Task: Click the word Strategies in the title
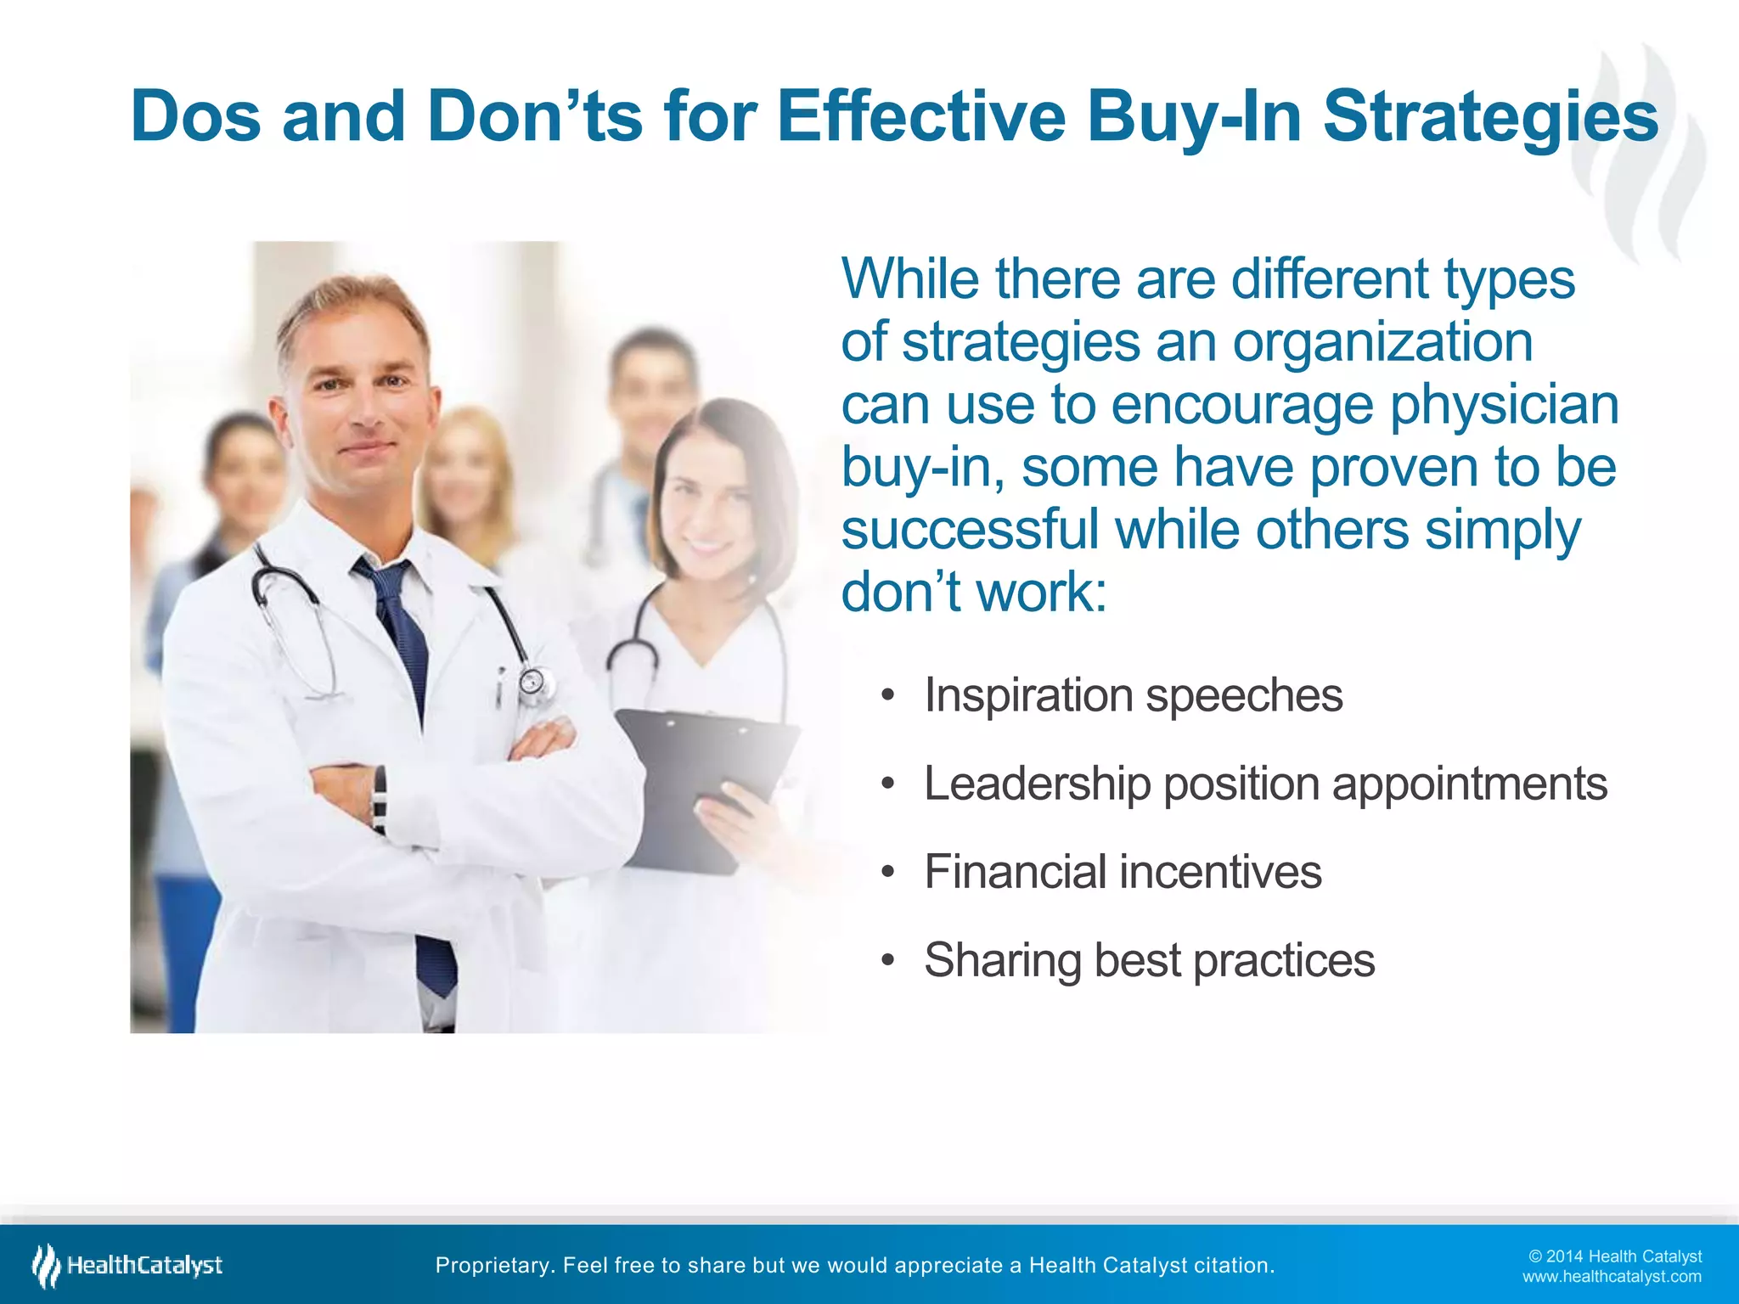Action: point(1490,117)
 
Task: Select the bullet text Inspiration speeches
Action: point(1133,695)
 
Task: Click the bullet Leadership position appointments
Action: point(1265,784)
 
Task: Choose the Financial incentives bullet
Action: point(1123,872)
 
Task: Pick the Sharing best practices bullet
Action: point(1149,960)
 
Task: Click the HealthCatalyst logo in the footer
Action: point(127,1265)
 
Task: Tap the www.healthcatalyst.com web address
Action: point(1612,1277)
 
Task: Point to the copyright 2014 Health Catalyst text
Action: point(1615,1256)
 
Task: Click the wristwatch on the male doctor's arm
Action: point(379,798)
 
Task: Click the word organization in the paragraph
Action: point(1382,342)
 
